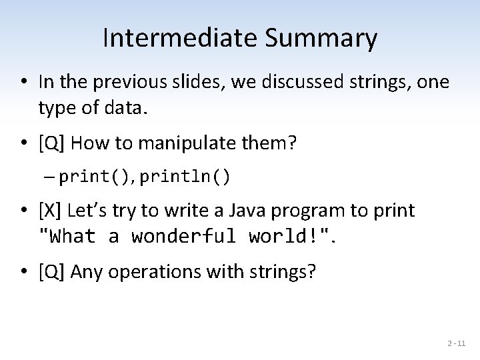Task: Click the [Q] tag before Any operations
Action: tap(51, 271)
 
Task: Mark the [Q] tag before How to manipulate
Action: tap(51, 142)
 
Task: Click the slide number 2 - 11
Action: tap(457, 343)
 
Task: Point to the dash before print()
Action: tap(51, 177)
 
